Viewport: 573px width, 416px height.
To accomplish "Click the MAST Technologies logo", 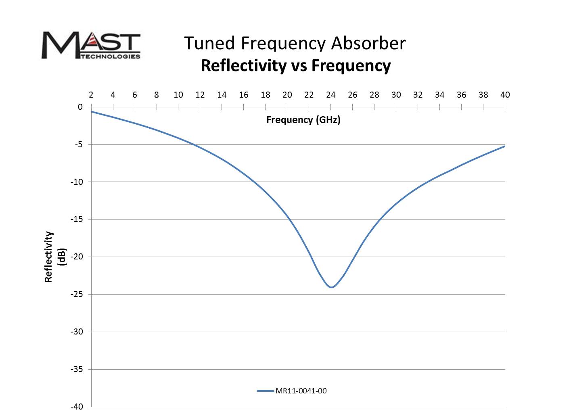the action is tap(91, 45).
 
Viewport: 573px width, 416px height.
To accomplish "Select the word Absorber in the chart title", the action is tap(368, 43).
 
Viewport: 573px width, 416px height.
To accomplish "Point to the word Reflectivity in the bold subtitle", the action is tap(244, 65).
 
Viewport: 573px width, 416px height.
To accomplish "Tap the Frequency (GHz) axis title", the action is tap(303, 120).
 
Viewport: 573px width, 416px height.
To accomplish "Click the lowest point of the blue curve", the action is tap(332, 287).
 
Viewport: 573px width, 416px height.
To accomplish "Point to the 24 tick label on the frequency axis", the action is tap(331, 95).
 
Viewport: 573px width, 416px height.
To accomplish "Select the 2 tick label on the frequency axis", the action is tap(91, 95).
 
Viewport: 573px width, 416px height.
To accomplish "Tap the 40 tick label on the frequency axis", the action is tap(505, 95).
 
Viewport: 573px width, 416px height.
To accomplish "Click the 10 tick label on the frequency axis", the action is tap(178, 95).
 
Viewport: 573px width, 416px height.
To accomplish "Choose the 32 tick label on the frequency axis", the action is tap(418, 95).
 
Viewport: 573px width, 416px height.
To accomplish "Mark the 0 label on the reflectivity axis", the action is tap(80, 107).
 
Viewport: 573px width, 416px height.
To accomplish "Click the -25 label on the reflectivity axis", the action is tap(77, 294).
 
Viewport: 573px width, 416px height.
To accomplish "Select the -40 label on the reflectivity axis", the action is tap(77, 407).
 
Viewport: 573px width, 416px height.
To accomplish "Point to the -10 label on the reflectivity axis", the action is tap(77, 182).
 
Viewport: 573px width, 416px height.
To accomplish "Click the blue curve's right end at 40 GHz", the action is tap(505, 146).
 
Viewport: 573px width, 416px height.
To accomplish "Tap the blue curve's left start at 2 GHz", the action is tap(92, 111).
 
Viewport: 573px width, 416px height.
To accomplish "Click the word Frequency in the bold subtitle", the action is tap(351, 65).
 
